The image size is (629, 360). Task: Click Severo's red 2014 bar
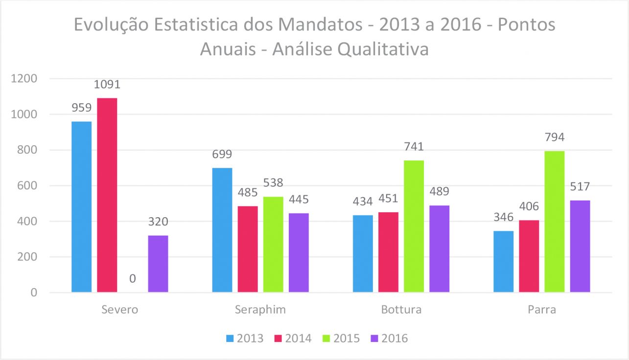(107, 195)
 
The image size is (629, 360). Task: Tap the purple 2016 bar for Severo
(158, 264)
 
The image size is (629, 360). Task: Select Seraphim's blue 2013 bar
(222, 230)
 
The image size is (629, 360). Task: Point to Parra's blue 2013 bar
(503, 262)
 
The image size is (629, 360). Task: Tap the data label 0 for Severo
(132, 279)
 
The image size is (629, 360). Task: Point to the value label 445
(299, 200)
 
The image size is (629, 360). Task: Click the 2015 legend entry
(341, 338)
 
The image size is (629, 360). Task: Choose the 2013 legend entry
(245, 338)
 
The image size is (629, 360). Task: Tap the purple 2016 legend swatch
(374, 338)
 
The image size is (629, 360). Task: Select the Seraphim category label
(260, 310)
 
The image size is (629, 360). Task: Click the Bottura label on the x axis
(401, 310)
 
